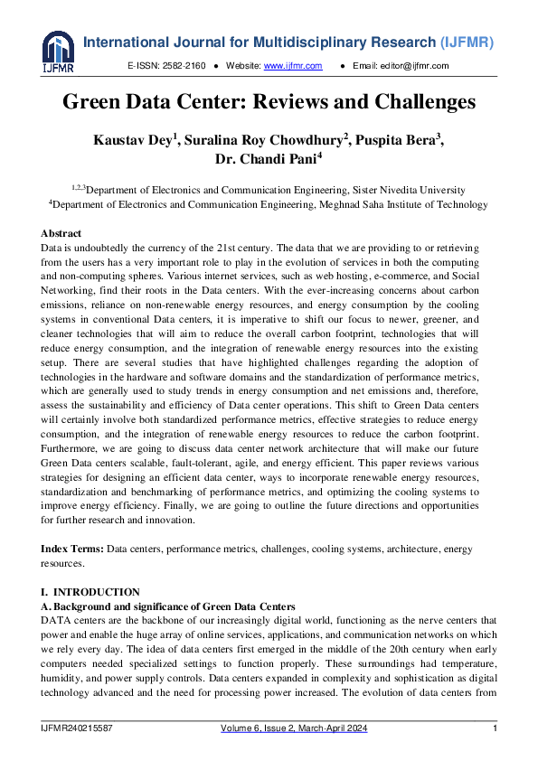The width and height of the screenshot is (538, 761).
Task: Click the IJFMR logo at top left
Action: click(57, 52)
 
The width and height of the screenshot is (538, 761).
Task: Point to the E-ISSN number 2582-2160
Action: click(185, 66)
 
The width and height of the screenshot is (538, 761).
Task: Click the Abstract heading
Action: click(61, 233)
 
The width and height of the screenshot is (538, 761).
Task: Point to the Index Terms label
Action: click(72, 550)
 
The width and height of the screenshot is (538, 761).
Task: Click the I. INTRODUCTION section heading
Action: click(90, 592)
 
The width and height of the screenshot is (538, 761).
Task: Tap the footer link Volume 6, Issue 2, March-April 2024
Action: click(294, 728)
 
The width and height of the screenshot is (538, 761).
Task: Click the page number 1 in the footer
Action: click(494, 728)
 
